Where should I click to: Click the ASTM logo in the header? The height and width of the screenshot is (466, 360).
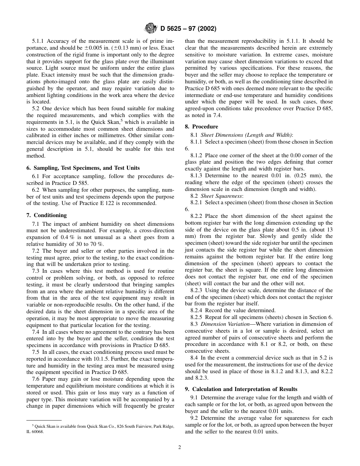tap(151, 28)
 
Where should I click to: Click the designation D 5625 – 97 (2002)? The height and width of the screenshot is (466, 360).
tap(188, 29)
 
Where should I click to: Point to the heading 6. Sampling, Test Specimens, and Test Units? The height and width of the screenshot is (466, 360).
tap(83, 168)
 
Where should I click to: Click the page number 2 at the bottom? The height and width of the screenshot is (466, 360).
tap(180, 447)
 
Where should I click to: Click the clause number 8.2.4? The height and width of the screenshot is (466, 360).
tap(197, 310)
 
